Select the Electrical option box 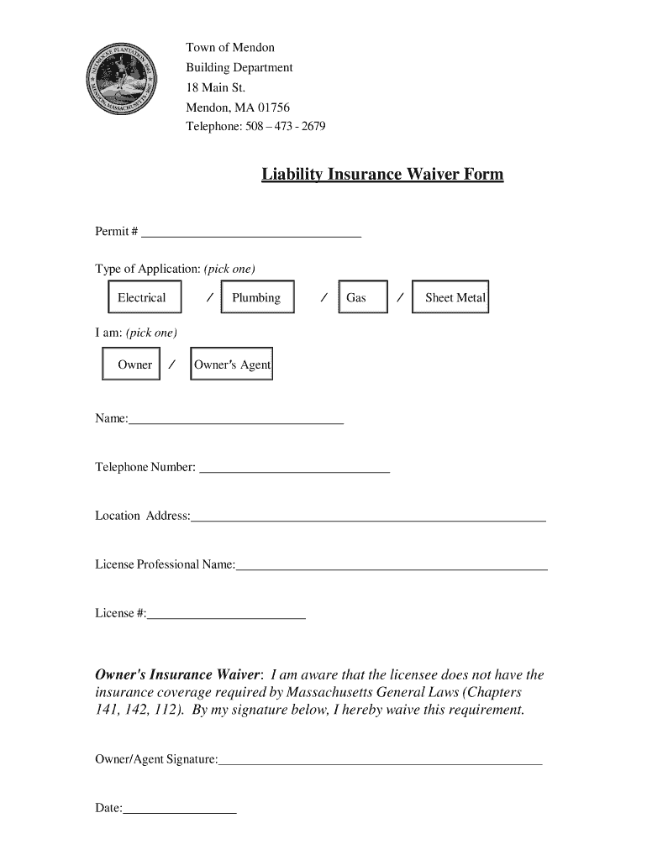click(141, 297)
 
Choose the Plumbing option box click(257, 297)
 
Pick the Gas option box click(362, 297)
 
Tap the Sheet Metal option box click(450, 297)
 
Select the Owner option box click(131, 364)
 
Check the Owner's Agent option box click(232, 364)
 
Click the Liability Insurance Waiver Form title click(382, 175)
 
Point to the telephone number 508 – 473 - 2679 click(285, 127)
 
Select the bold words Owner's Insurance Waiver click(178, 675)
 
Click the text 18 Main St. click(216, 87)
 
